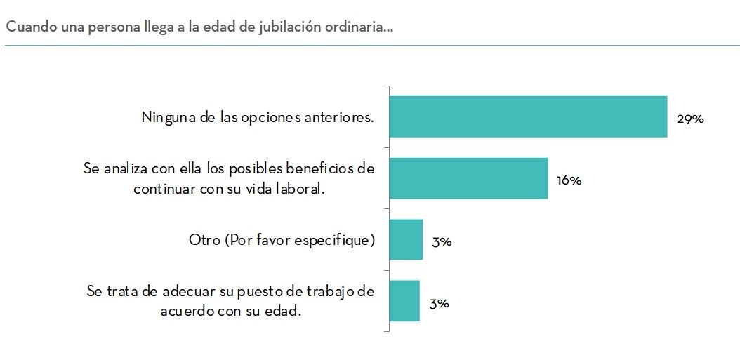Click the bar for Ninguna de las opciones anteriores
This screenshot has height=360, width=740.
(x=527, y=116)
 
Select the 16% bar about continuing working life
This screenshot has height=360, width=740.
(x=468, y=178)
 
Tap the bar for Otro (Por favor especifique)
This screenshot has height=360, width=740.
(x=406, y=240)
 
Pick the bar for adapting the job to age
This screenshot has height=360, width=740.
(x=404, y=301)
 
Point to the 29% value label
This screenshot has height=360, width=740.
(x=689, y=119)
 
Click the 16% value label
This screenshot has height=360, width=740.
(x=569, y=180)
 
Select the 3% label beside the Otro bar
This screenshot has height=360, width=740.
(x=442, y=242)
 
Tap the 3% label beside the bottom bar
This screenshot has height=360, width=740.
(x=440, y=303)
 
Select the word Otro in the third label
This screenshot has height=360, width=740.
(x=204, y=241)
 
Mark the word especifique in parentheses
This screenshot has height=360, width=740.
(x=337, y=241)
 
